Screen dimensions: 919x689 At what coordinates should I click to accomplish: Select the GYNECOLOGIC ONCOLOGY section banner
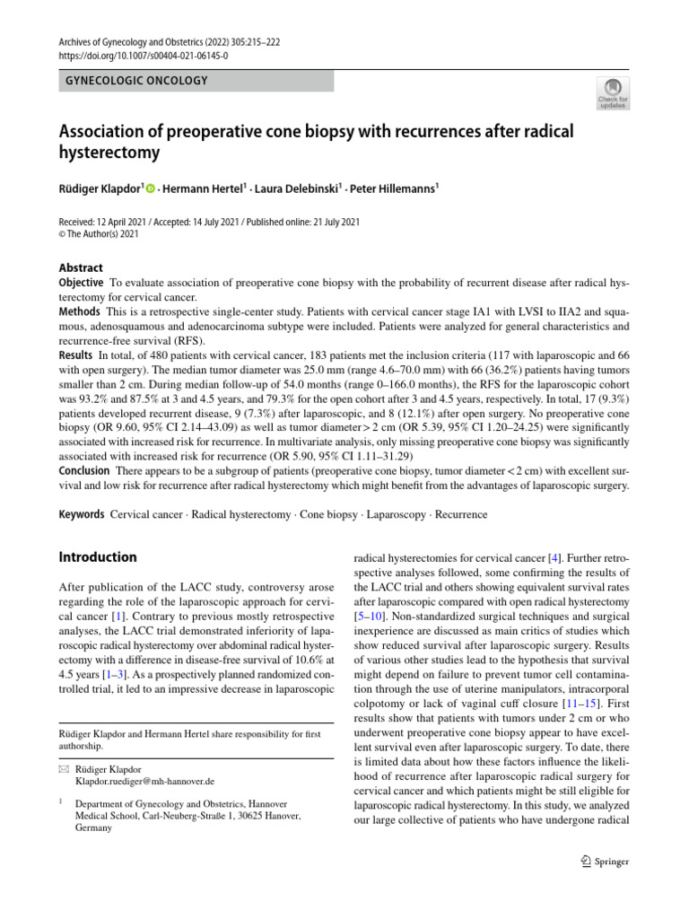click(196, 81)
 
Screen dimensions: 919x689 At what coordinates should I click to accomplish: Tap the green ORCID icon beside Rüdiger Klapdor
click(150, 188)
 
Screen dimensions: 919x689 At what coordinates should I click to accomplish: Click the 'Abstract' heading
click(81, 267)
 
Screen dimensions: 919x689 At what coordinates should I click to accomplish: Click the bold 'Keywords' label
click(82, 515)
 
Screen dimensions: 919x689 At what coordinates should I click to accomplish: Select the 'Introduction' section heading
click(98, 556)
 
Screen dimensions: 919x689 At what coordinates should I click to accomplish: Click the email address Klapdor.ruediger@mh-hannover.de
click(144, 781)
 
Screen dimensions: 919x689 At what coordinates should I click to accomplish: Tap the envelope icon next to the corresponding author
click(63, 769)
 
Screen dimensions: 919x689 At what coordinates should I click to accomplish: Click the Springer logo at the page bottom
click(605, 861)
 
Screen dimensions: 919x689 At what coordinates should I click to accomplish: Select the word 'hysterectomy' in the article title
click(109, 153)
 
